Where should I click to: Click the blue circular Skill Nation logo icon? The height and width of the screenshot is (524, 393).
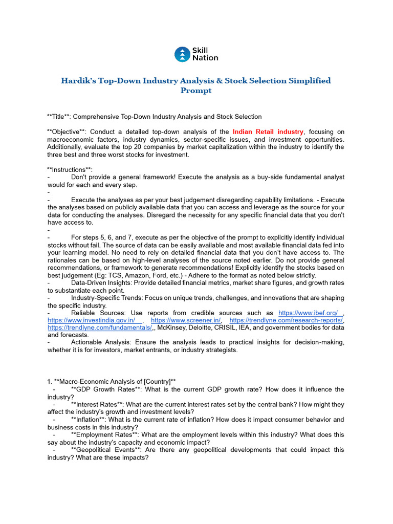182,54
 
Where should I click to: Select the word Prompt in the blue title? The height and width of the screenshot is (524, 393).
196,91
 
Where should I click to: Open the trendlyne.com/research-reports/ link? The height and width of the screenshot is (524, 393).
286,320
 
